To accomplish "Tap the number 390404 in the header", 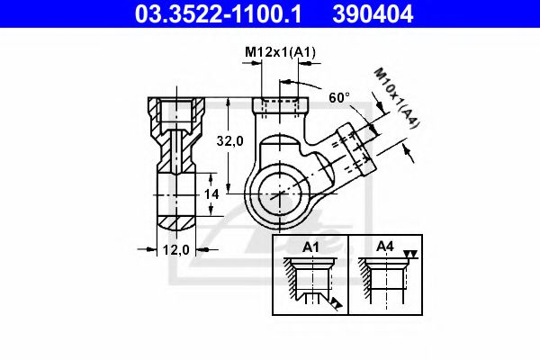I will tap(379, 13).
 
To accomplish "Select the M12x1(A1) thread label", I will tap(280, 53).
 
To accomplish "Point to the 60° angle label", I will tap(339, 96).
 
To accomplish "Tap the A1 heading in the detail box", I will tap(311, 246).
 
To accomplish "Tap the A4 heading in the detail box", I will tap(385, 246).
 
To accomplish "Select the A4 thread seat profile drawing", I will tap(383, 283).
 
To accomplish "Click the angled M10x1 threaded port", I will tap(354, 146).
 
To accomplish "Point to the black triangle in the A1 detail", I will tap(335, 305).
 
